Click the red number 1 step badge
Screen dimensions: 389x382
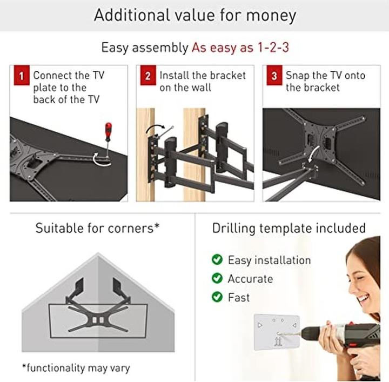[x=22, y=75]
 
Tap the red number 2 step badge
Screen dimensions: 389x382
[x=148, y=75]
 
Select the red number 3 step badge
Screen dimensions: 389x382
[x=274, y=75]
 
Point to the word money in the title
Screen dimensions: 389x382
[x=271, y=15]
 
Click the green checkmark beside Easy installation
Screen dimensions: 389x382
[x=217, y=259]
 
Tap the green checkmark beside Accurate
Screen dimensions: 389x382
[x=217, y=278]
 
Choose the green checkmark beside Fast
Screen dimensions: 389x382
[x=217, y=297]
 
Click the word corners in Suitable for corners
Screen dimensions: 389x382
[x=131, y=228]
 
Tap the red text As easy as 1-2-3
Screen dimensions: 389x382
[x=240, y=47]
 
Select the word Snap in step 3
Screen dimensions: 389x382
[x=297, y=76]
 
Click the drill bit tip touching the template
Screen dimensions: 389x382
[x=277, y=334]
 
